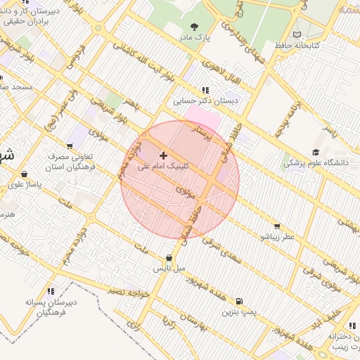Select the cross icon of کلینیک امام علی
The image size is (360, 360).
164,155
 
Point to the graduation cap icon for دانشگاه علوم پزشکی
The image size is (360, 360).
316,152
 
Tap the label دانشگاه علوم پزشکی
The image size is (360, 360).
316,162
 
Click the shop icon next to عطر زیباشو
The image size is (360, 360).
277,226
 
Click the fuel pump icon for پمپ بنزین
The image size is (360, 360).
241,300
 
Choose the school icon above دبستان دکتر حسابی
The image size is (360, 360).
205,90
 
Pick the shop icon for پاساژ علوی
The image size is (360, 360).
25,174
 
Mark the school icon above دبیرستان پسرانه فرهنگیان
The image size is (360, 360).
51,291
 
